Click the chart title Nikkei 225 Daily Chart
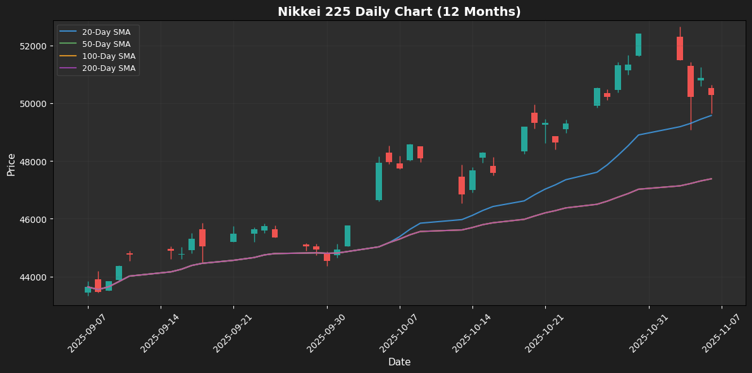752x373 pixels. [x=399, y=12]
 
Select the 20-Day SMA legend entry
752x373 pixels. [x=106, y=32]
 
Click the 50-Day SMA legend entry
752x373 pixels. [x=106, y=44]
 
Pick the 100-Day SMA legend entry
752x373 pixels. [x=108, y=56]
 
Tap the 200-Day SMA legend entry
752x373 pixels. [x=108, y=68]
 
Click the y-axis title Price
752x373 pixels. [x=11, y=163]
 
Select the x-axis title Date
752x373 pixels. [x=399, y=362]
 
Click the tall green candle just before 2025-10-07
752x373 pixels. [x=379, y=181]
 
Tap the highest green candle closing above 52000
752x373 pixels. [x=638, y=44]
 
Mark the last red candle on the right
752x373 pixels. [x=711, y=92]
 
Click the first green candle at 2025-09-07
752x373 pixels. [x=88, y=289]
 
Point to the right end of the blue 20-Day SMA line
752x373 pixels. [x=711, y=115]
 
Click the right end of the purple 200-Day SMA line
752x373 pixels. [x=711, y=179]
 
